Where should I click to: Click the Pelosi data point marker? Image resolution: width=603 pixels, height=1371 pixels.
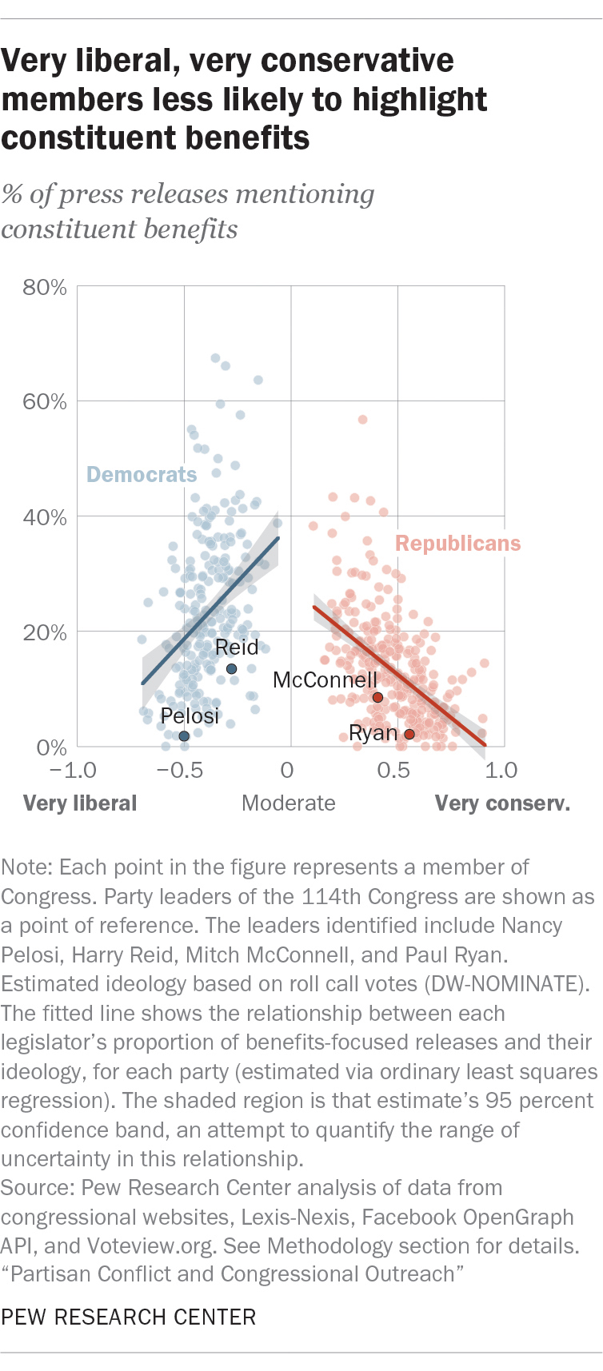[x=184, y=736]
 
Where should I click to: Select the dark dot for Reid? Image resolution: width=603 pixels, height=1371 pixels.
[x=231, y=669]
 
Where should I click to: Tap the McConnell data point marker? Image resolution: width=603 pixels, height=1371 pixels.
[x=377, y=697]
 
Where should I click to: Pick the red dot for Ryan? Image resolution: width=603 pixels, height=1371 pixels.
[x=409, y=735]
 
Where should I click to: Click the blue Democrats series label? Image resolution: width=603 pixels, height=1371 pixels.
[x=142, y=475]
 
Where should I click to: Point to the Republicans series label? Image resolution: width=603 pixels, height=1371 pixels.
[x=457, y=544]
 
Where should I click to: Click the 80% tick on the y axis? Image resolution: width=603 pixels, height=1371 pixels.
[x=45, y=287]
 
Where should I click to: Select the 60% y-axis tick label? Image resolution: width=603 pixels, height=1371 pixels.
[x=45, y=401]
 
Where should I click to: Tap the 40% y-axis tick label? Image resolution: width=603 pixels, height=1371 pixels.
[x=45, y=517]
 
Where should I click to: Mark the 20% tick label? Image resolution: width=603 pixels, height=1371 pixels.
[x=45, y=632]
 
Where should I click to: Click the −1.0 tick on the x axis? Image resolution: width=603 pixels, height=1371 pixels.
[x=73, y=771]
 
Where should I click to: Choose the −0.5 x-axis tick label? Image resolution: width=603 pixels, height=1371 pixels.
[x=179, y=771]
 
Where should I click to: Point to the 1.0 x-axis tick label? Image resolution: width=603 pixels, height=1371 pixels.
[x=501, y=771]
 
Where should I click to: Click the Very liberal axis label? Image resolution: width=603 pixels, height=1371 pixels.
[x=80, y=803]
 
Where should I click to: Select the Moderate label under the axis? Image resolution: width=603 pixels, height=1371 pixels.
[x=289, y=803]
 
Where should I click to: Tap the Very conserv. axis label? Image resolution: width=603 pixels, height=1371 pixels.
[x=502, y=803]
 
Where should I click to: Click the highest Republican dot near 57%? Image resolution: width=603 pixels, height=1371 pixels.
[x=362, y=420]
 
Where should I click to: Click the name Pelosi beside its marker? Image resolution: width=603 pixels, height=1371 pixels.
[x=190, y=715]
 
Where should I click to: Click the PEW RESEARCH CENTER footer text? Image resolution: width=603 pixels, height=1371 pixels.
[x=129, y=1317]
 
